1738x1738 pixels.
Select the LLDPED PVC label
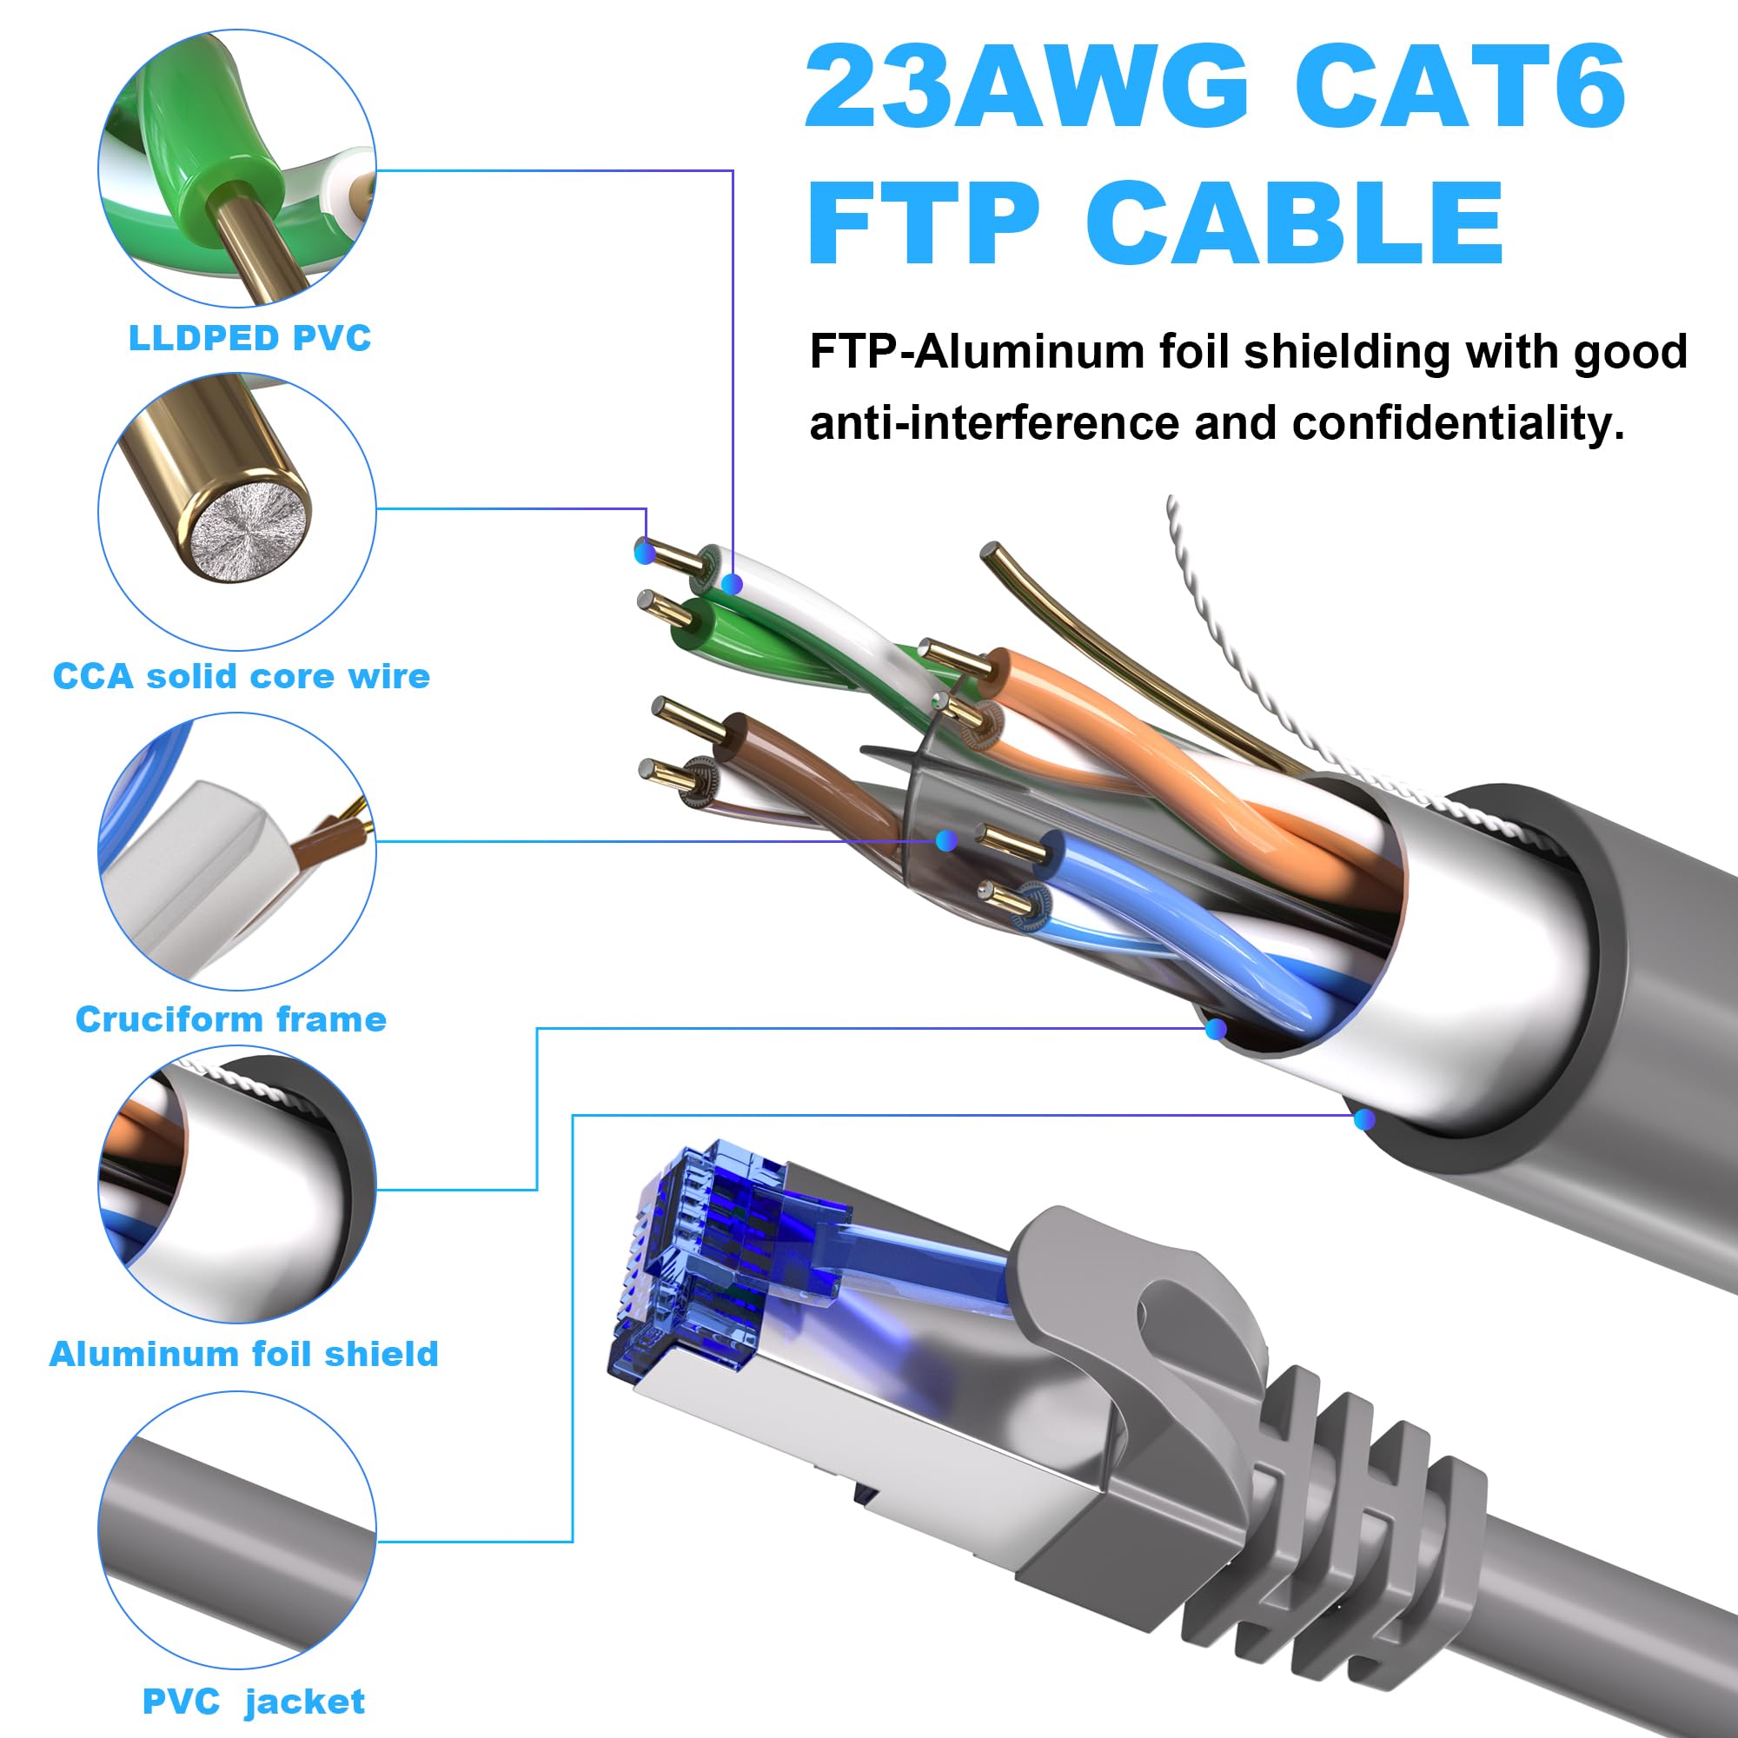[x=249, y=338]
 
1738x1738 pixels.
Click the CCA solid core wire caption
[x=241, y=676]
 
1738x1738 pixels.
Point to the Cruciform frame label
[x=231, y=1019]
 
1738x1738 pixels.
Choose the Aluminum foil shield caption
[x=243, y=1354]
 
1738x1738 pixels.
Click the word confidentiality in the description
[x=1457, y=424]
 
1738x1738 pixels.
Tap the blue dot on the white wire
[x=733, y=585]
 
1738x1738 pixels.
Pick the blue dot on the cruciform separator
[x=945, y=841]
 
